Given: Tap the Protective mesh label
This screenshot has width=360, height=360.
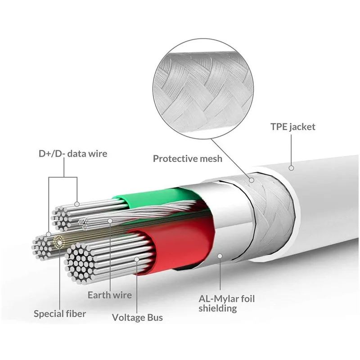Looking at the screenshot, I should coord(187,158).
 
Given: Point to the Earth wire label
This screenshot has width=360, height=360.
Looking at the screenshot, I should coord(110,295).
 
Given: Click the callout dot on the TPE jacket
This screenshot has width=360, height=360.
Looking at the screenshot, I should coord(291,168).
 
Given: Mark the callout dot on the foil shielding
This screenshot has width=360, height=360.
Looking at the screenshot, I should coord(220,256).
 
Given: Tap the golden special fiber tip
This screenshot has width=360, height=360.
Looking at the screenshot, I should coord(58,242).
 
